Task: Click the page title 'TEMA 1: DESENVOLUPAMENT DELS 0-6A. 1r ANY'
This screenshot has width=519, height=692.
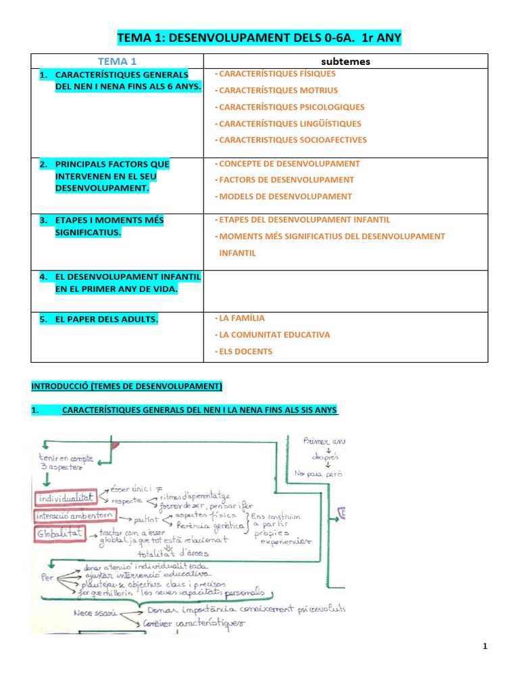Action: (x=259, y=39)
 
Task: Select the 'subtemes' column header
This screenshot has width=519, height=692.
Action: (x=345, y=61)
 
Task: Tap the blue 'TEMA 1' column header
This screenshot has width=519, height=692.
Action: (x=117, y=61)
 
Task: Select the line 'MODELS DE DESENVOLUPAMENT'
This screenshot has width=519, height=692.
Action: (x=285, y=197)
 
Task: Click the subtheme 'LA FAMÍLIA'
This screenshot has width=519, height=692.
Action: (x=242, y=318)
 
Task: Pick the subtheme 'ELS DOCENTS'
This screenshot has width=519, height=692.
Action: (x=245, y=351)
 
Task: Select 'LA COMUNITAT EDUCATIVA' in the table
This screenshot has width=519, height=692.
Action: (x=274, y=335)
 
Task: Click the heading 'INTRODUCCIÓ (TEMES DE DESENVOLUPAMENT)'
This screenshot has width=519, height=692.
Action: (x=127, y=387)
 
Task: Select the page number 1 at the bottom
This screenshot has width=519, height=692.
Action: (x=485, y=647)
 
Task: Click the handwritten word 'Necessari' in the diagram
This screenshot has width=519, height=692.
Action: (x=97, y=612)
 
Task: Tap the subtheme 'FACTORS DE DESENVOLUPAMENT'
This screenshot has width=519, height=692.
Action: (x=287, y=180)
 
